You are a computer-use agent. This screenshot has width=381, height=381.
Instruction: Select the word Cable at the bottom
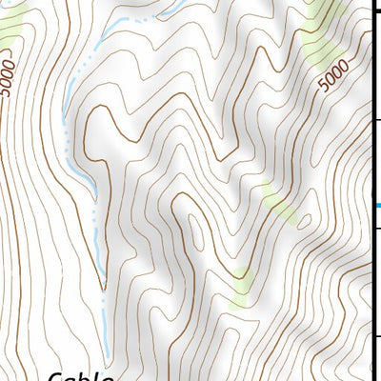[81, 376]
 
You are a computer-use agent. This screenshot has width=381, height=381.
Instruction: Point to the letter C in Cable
[56, 376]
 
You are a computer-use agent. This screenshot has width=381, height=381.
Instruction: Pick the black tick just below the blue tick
[376, 228]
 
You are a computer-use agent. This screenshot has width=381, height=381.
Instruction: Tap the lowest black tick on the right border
[376, 335]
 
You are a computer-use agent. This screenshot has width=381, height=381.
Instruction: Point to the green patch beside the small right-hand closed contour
[276, 200]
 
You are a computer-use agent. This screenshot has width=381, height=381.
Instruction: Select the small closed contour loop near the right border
[305, 219]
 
